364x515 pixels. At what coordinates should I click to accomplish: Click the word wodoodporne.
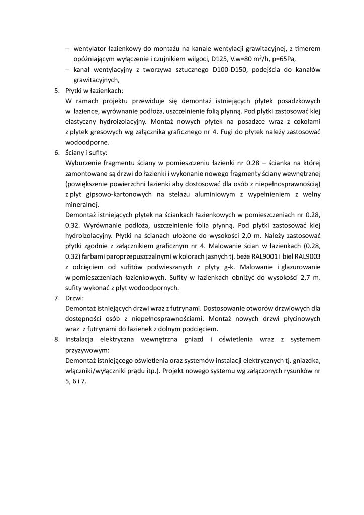coord(85,142)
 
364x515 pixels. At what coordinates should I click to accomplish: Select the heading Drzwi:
coord(76,298)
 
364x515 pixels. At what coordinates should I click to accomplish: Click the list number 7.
coord(57,298)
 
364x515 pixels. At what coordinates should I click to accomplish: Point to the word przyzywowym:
coord(87,350)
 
